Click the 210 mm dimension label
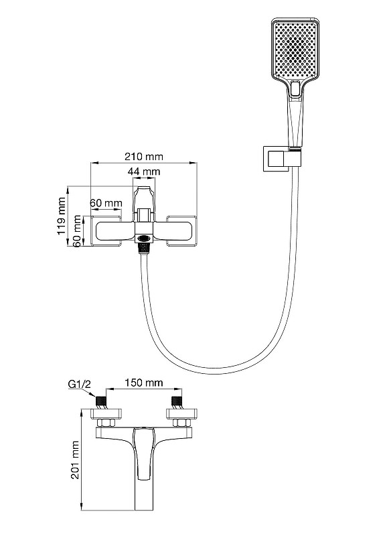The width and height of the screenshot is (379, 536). coord(143,157)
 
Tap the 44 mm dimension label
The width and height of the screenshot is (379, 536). coord(143,171)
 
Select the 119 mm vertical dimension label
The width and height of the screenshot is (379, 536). coord(62,215)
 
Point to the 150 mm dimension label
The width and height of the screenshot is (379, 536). coord(143,383)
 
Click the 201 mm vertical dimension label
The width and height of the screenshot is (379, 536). coord(75,460)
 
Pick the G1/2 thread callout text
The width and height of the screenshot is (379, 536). coord(80,384)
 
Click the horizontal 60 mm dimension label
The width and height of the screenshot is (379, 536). coord(106,203)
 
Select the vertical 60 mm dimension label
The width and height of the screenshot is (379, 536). coord(77,231)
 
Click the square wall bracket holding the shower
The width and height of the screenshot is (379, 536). coord(277,159)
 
